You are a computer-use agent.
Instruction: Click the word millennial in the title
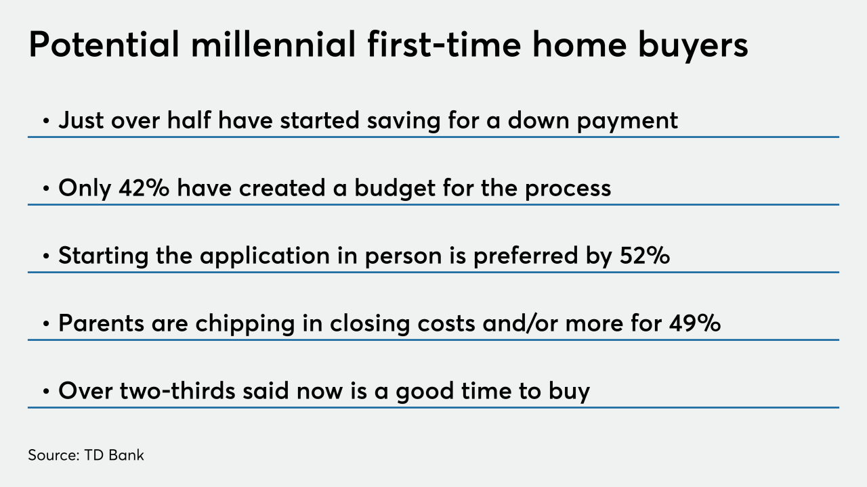click(x=273, y=45)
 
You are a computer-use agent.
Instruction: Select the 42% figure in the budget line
click(x=144, y=188)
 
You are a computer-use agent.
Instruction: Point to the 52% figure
click(x=644, y=256)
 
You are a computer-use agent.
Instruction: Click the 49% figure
click(x=695, y=323)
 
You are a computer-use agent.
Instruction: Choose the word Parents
click(x=102, y=323)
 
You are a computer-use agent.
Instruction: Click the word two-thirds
click(x=177, y=390)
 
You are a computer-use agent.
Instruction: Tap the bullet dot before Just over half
click(x=47, y=121)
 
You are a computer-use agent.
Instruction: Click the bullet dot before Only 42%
click(x=47, y=189)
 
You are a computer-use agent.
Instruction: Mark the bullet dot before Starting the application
click(x=47, y=256)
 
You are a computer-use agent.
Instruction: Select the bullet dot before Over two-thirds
click(x=47, y=392)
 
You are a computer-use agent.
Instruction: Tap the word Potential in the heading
click(x=104, y=45)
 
